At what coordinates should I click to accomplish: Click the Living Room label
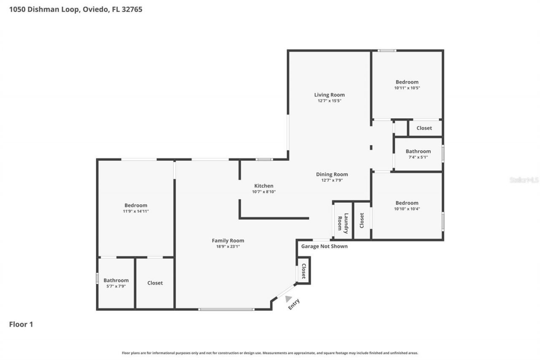329,95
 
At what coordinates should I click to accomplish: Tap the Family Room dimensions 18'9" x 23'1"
228,247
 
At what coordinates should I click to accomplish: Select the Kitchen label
264,186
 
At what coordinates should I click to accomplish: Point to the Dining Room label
332,174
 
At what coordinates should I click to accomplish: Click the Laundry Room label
343,223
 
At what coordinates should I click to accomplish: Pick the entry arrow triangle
288,299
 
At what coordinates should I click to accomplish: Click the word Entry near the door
294,304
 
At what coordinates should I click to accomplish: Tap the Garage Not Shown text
324,246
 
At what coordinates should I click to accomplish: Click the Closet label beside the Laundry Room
362,220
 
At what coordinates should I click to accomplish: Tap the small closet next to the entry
303,271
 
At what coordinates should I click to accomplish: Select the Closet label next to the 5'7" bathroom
155,283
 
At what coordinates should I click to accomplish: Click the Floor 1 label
21,324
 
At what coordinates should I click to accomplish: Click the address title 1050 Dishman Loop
76,9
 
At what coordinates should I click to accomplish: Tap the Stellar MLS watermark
524,180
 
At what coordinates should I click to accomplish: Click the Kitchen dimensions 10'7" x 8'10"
264,192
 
